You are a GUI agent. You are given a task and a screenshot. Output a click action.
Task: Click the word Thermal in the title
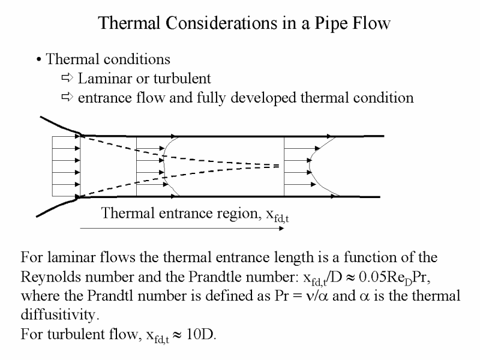129,23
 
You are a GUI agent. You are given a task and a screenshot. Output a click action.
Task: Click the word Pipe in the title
332,24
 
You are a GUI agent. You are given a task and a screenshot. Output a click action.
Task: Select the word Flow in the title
371,23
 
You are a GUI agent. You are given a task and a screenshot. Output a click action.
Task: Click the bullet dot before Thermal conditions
38,59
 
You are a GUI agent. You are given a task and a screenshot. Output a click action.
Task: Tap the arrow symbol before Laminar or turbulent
67,78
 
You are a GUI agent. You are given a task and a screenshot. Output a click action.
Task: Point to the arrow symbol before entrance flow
67,97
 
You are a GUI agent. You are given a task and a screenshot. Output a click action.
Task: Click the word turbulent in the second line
182,79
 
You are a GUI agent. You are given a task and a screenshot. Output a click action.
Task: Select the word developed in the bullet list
263,98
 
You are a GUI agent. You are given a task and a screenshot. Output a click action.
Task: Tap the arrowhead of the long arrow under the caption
281,229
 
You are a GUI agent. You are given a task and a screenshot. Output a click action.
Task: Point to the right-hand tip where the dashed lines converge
279,166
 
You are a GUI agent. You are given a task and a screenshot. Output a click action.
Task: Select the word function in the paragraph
370,257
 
